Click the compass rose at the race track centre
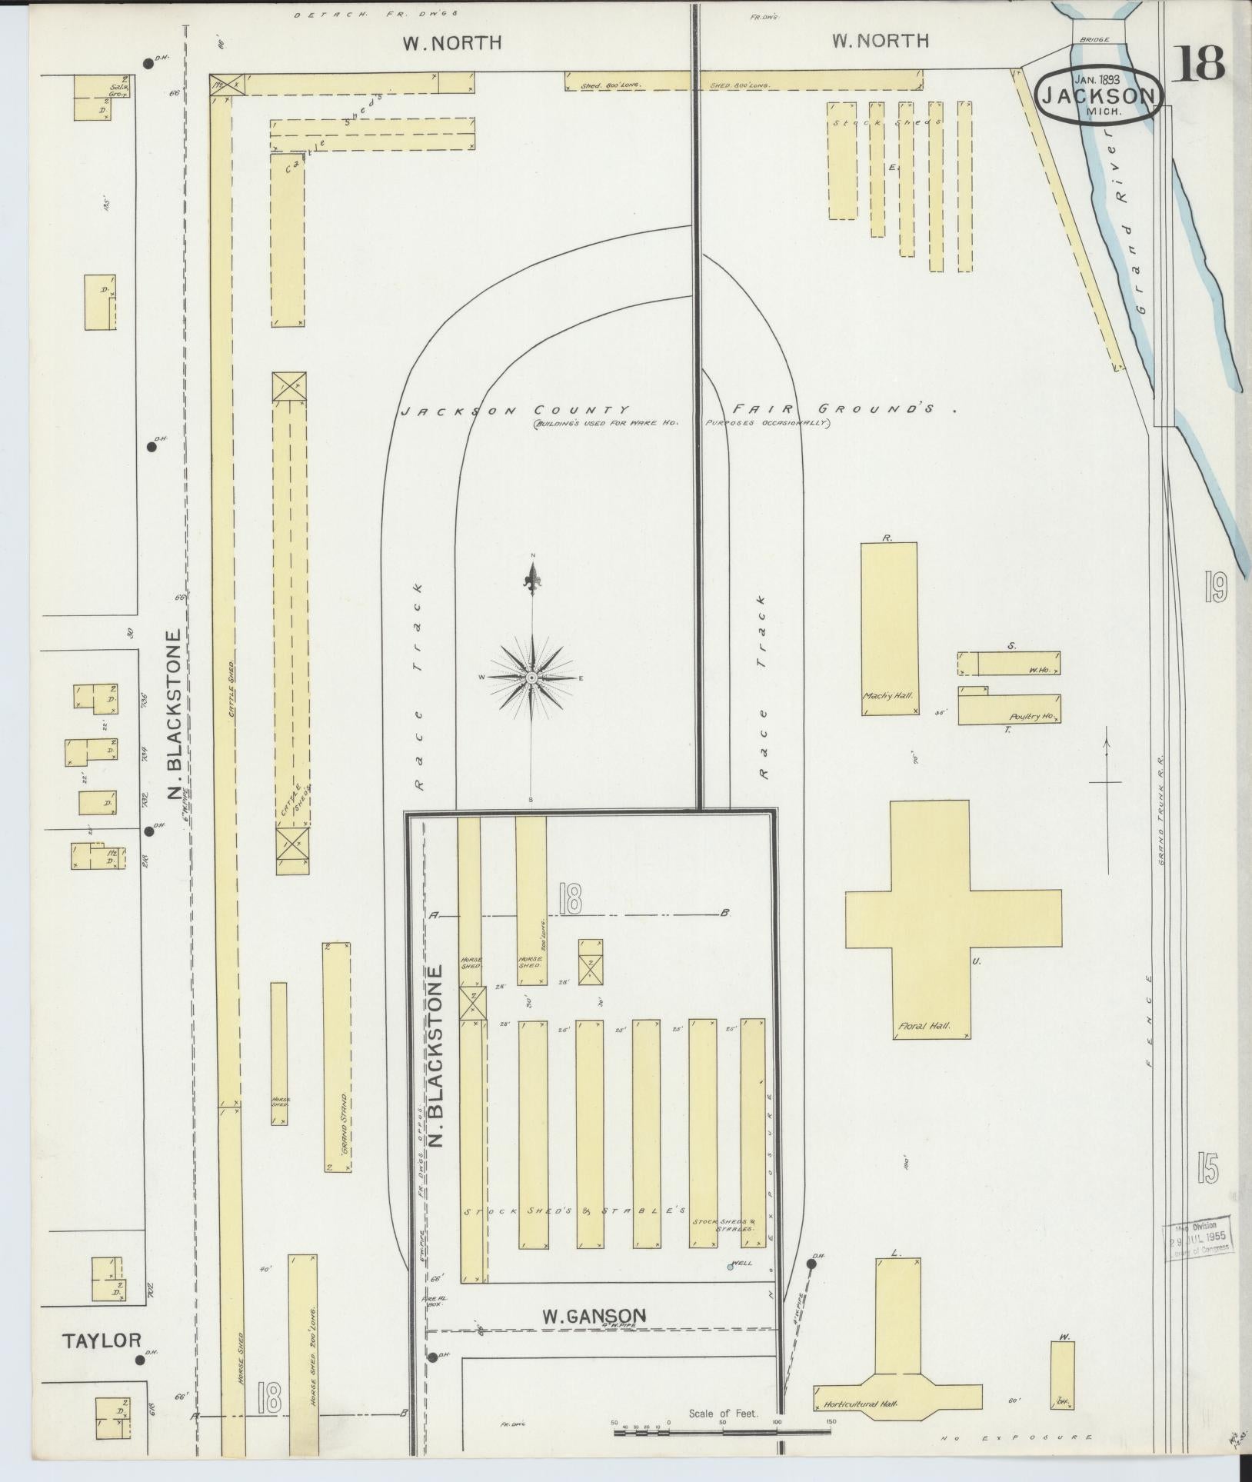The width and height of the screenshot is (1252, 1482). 531,678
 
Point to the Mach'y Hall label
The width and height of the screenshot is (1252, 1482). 887,695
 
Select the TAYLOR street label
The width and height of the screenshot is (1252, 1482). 102,1340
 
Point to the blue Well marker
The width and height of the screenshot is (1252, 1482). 731,1267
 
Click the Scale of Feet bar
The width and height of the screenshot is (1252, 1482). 723,1431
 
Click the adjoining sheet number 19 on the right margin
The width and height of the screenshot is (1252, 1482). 1215,589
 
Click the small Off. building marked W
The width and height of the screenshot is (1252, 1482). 1062,1374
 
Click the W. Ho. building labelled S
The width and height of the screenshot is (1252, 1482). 1018,663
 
